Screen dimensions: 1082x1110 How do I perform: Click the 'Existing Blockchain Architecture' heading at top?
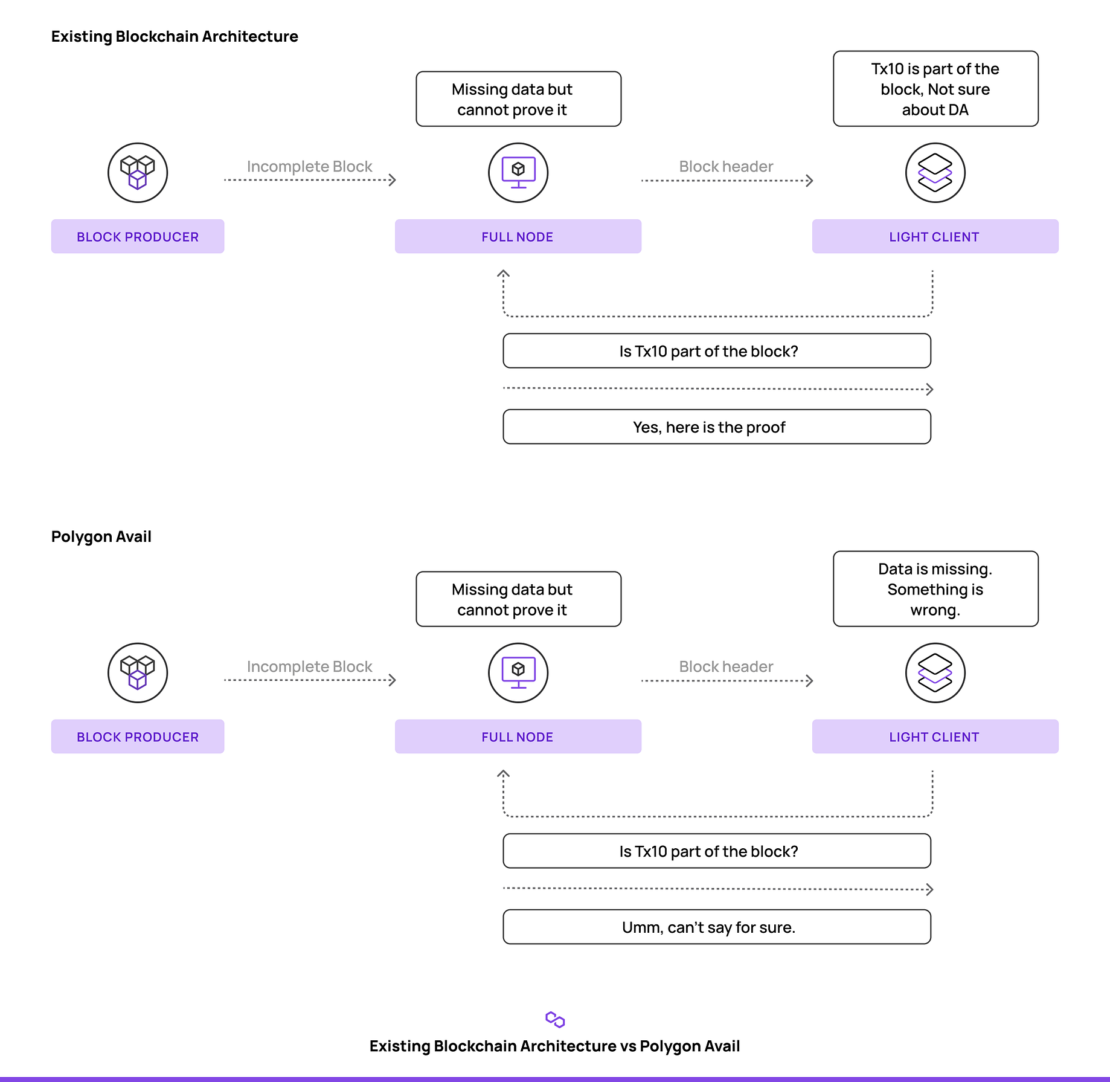[x=175, y=37]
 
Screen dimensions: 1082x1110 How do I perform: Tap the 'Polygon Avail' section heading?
[x=101, y=537]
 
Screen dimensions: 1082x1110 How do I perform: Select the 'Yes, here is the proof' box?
[x=717, y=427]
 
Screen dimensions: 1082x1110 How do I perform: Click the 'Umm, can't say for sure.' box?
[x=717, y=927]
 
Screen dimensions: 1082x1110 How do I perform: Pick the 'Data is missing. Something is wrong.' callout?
[x=935, y=589]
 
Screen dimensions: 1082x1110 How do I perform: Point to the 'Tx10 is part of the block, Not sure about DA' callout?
[x=935, y=89]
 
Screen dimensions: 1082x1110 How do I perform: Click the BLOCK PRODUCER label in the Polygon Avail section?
[x=138, y=737]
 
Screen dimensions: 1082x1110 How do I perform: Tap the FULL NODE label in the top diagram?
[x=518, y=237]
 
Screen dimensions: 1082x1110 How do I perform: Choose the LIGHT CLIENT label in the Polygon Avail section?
[x=935, y=737]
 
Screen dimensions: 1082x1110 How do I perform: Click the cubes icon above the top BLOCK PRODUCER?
[x=138, y=173]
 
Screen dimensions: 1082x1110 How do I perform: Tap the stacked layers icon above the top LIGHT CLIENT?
[x=935, y=173]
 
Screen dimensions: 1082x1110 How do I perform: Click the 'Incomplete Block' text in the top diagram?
[x=309, y=167]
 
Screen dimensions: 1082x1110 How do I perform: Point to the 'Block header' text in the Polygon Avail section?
[x=726, y=667]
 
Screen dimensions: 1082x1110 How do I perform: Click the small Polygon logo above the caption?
[x=555, y=1020]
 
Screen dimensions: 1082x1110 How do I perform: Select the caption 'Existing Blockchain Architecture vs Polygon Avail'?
[x=555, y=1046]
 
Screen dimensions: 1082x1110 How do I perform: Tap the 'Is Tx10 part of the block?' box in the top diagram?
[x=717, y=351]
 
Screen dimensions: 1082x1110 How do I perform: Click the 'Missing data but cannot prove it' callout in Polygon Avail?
[x=518, y=599]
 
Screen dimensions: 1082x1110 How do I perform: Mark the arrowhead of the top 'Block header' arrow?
[x=810, y=181]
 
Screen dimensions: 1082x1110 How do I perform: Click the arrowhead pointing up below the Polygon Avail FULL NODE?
[x=504, y=774]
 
